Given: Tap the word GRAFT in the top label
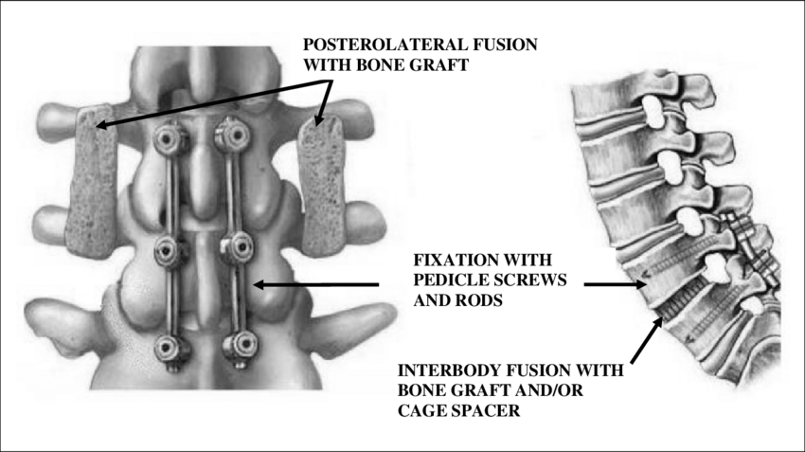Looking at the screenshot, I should pos(444,63).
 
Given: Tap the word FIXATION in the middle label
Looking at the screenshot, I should pos(446,260).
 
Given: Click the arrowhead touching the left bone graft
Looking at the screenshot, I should pos(102,124).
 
